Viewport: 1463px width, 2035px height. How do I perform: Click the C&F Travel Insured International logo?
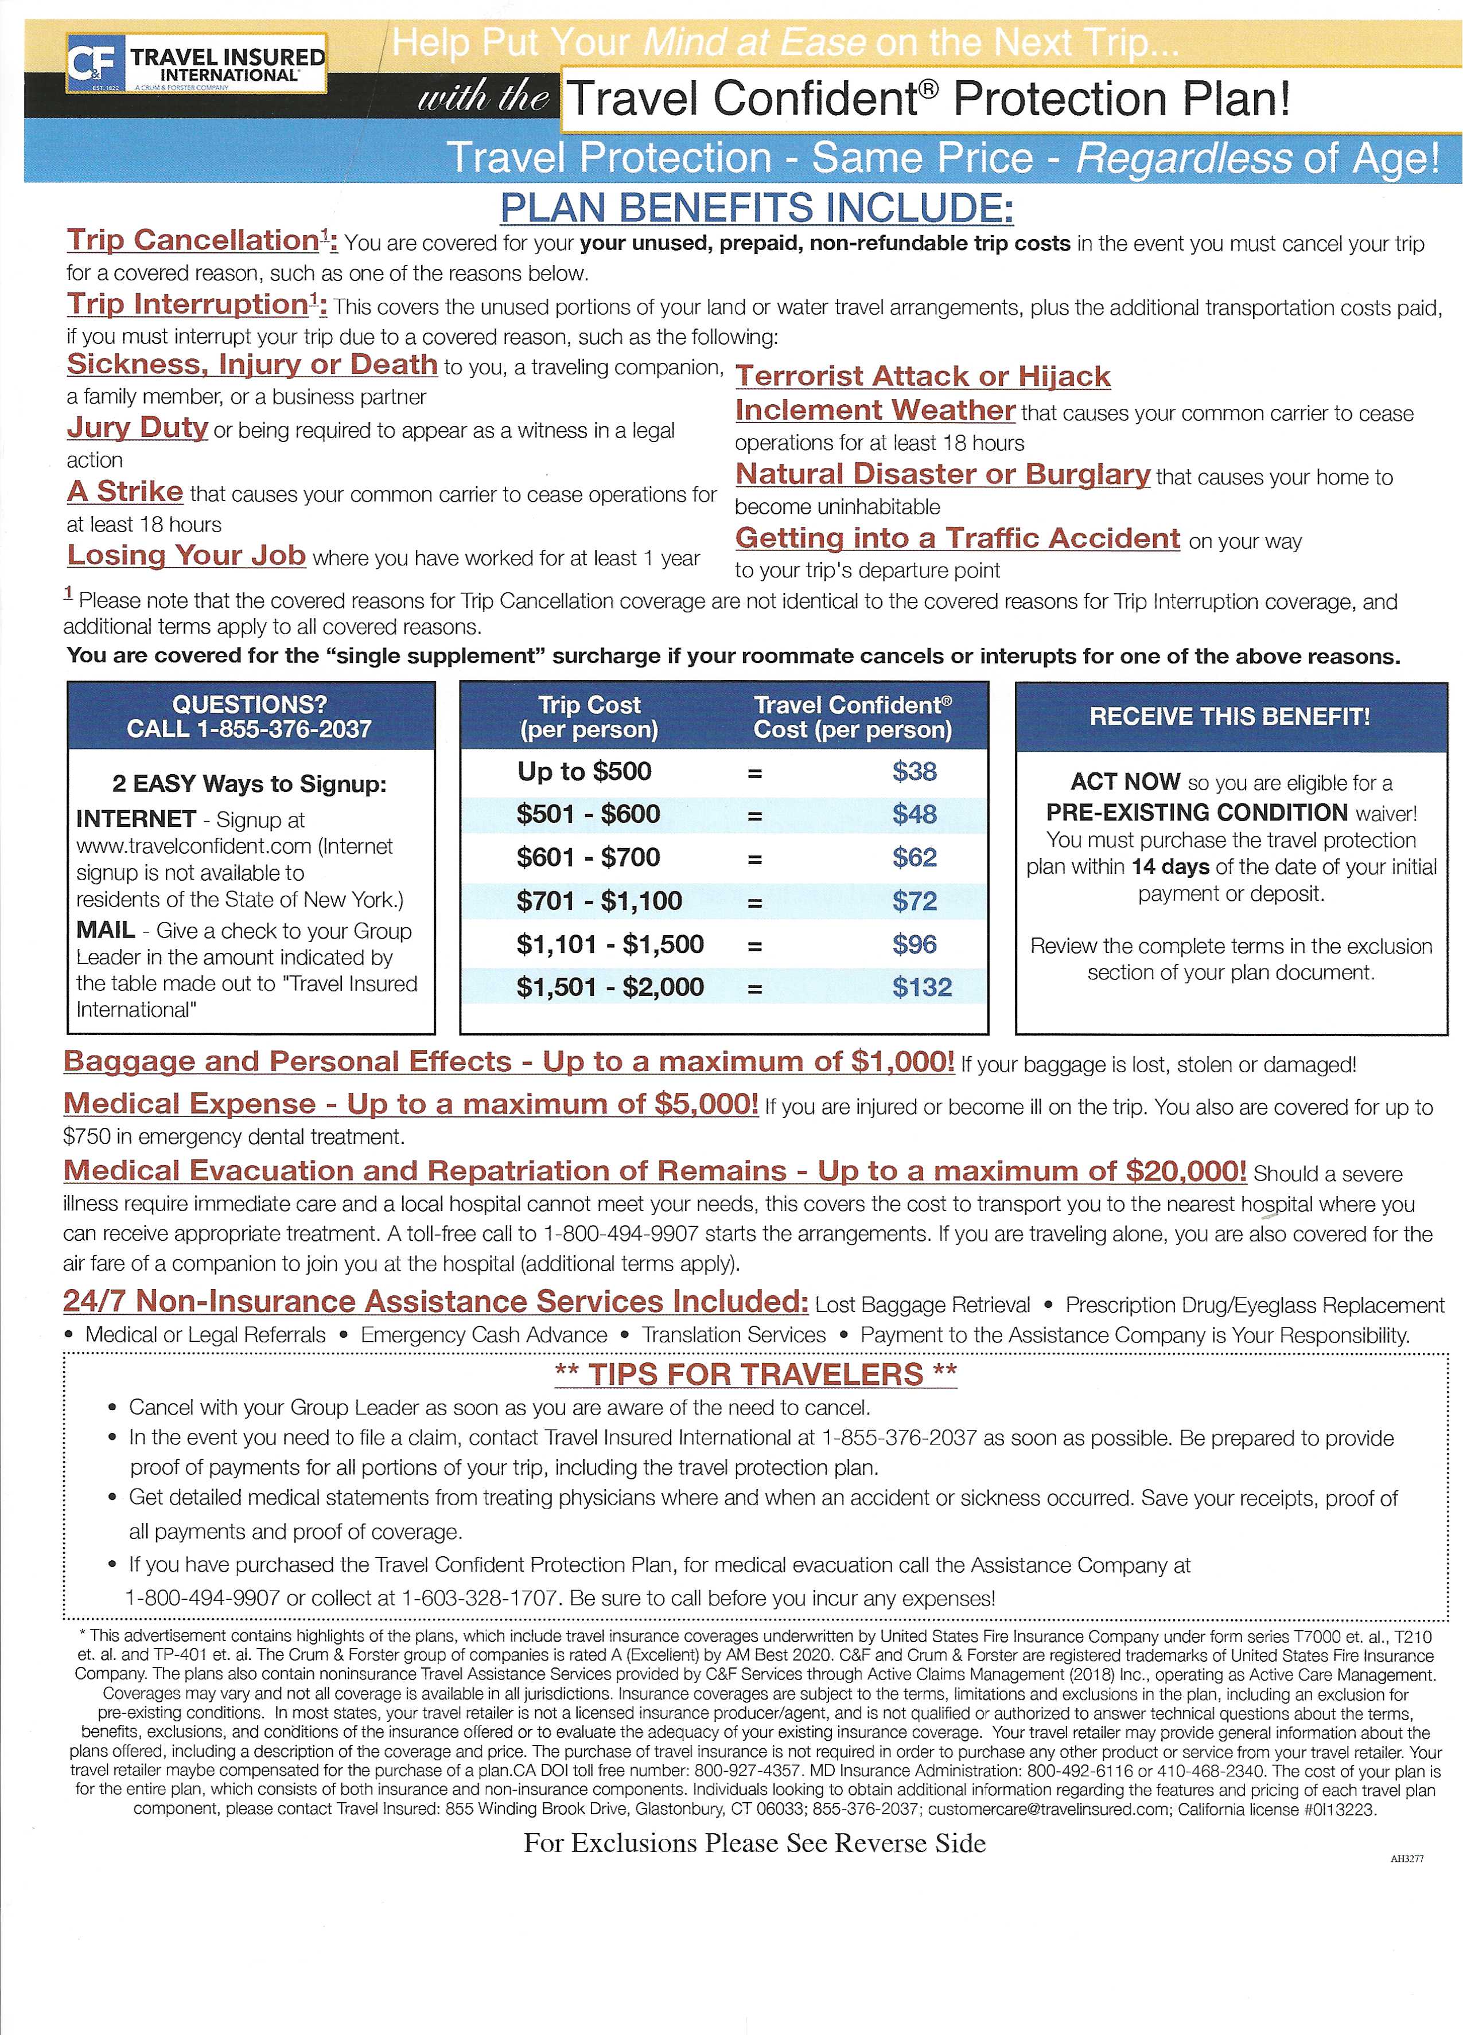coord(197,64)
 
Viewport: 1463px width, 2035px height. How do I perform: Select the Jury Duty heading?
coord(137,427)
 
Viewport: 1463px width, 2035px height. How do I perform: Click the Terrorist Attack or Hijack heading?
coord(923,376)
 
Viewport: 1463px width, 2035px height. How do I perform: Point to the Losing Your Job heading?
coord(186,556)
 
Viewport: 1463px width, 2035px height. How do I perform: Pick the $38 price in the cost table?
coord(914,772)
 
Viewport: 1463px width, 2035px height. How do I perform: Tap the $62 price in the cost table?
coord(914,858)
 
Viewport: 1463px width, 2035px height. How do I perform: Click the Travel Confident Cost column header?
coord(852,717)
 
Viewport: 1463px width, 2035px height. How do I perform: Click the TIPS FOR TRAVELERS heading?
coord(756,1374)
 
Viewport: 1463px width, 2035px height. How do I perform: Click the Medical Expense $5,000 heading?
coord(410,1104)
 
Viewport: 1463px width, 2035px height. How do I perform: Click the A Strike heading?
coord(124,492)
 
